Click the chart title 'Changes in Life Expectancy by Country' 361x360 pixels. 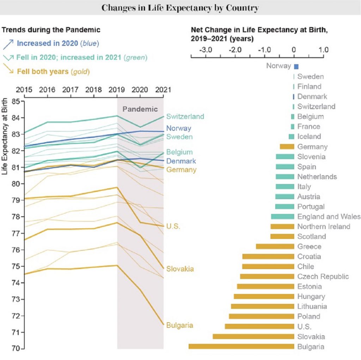tap(180, 7)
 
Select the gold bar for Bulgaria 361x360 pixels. tap(241, 346)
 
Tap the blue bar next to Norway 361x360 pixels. tap(296, 66)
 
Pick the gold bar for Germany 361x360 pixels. tap(287, 146)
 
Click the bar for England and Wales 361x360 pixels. tap(282, 216)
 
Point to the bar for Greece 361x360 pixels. tap(275, 246)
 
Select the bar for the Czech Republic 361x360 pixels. tap(267, 276)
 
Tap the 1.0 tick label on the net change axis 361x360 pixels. tap(323, 50)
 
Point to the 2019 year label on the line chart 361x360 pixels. tap(117, 89)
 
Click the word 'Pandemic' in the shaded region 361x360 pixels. tap(140, 109)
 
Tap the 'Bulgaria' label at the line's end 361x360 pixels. tap(180, 325)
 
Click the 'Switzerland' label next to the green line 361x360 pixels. tap(185, 116)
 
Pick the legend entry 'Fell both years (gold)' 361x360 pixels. tap(53, 71)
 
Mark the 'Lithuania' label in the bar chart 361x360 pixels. tap(312, 306)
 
